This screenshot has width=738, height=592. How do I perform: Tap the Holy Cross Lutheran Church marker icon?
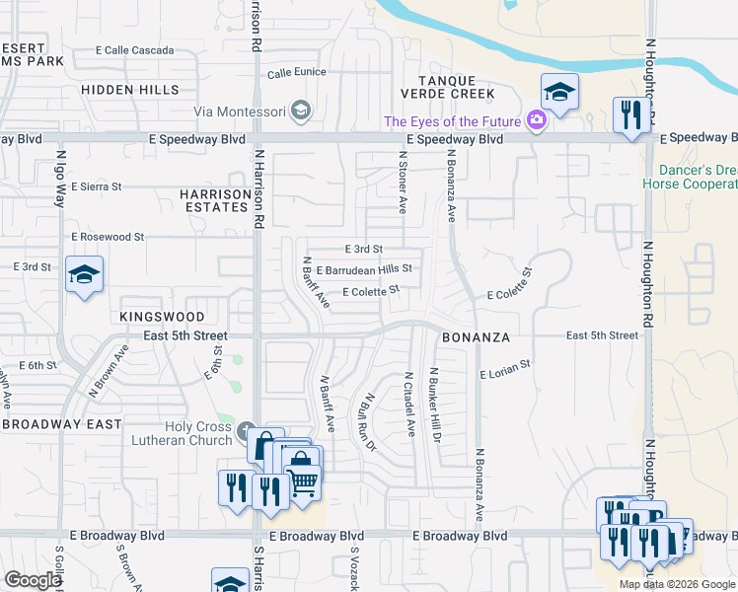point(246,431)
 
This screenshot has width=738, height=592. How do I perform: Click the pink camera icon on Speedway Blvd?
point(537,121)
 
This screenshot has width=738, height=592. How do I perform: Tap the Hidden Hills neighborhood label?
point(125,89)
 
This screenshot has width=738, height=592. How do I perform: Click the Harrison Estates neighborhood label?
point(215,200)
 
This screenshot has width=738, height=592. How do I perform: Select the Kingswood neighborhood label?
point(162,317)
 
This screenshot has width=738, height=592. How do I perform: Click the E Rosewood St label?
point(108,237)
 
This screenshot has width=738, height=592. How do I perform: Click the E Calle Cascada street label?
point(134,50)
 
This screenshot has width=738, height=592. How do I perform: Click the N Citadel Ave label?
point(409,405)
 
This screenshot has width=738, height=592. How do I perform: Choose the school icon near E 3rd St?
point(85,275)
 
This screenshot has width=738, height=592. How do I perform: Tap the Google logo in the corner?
point(34,580)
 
